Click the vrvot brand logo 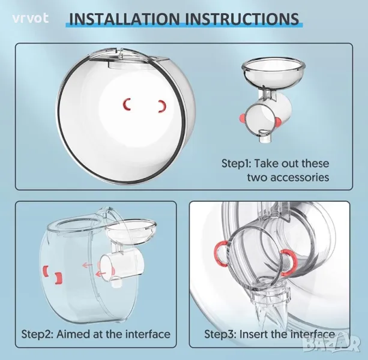click(31, 18)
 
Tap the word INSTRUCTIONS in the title click(242, 19)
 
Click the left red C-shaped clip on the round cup click(127, 104)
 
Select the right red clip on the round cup click(163, 106)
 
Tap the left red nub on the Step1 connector click(241, 117)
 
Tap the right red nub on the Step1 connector click(278, 122)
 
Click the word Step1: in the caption click(237, 163)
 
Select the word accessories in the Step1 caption click(288, 177)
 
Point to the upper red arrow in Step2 click(87, 265)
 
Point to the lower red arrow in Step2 click(101, 274)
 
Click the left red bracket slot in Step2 click(45, 271)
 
